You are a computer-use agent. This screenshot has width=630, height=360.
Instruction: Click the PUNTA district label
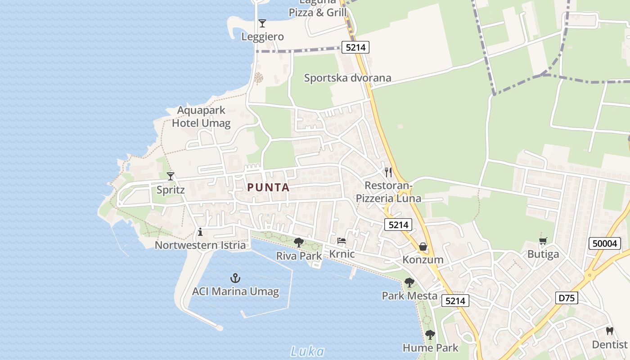coord(268,188)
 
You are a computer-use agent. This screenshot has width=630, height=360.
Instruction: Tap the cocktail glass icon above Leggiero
coord(262,23)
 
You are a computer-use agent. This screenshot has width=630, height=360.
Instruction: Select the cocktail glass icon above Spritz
coord(171,176)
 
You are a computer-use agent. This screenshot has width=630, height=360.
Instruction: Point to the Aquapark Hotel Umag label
coord(201,117)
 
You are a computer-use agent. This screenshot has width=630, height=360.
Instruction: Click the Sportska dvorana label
coord(347,78)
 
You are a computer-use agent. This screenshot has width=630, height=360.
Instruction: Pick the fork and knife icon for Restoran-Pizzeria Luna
coord(388,172)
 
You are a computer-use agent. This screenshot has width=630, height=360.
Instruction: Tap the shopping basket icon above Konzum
coord(423,247)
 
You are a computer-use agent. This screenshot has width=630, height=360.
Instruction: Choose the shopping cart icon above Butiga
coord(543,241)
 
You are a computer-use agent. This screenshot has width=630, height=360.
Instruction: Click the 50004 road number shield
coord(605,244)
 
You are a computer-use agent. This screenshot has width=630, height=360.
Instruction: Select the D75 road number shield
coord(567,298)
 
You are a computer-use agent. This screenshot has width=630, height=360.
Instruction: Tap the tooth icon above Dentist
coord(610,331)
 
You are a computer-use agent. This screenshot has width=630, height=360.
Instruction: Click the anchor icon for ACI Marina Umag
coord(235,278)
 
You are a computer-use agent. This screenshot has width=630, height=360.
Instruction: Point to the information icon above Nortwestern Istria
coord(200,232)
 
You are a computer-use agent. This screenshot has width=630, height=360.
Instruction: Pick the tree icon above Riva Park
coord(298,243)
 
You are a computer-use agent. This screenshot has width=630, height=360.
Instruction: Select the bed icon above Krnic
coord(342,241)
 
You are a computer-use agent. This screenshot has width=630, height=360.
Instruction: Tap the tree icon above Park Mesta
coord(409,283)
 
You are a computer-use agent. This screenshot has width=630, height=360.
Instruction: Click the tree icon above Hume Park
coord(430,335)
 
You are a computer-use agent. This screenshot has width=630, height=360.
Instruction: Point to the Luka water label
coord(307,351)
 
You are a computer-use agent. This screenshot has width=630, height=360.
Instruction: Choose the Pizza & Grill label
coord(318,12)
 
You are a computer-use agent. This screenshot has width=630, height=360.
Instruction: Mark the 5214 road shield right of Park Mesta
coord(455,301)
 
